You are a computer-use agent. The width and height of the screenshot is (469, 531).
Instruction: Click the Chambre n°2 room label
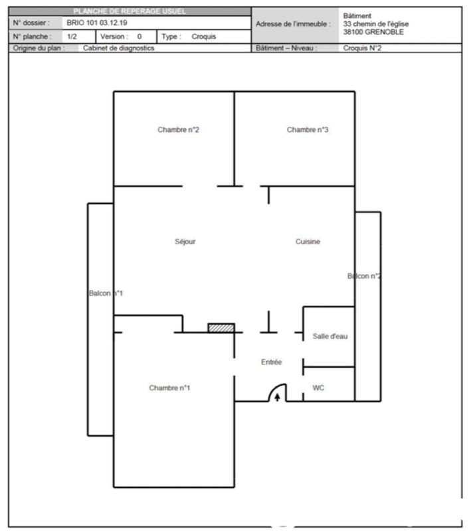(x=179, y=130)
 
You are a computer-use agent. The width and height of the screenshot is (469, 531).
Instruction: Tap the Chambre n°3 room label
(x=308, y=130)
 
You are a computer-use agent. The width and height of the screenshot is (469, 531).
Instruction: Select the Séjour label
(x=185, y=242)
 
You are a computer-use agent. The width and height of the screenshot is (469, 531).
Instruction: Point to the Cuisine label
(x=308, y=242)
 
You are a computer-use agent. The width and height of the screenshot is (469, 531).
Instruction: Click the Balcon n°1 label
(x=106, y=293)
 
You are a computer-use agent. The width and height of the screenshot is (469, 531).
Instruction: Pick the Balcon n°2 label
(x=364, y=276)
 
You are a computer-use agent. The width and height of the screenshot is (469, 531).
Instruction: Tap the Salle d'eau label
(x=330, y=337)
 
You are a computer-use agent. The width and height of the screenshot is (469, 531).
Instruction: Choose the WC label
(x=319, y=388)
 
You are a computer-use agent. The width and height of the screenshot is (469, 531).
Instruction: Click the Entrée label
(x=271, y=362)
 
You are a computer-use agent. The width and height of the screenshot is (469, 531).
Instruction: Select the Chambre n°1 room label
(x=169, y=388)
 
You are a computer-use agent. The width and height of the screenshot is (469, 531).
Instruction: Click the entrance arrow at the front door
(x=277, y=398)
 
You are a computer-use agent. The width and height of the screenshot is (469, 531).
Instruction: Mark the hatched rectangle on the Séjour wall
(x=221, y=328)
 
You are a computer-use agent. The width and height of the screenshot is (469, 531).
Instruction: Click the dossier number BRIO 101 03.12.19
(x=97, y=23)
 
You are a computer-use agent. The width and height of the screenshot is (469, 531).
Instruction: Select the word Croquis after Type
(x=204, y=37)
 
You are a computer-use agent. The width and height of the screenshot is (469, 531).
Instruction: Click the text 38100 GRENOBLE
(x=373, y=32)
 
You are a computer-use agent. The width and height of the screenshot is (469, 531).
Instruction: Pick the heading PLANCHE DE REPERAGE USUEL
(x=130, y=11)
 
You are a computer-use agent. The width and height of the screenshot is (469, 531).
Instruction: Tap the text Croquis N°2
(x=363, y=48)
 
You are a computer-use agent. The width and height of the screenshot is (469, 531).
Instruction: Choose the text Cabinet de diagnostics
(x=119, y=48)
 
